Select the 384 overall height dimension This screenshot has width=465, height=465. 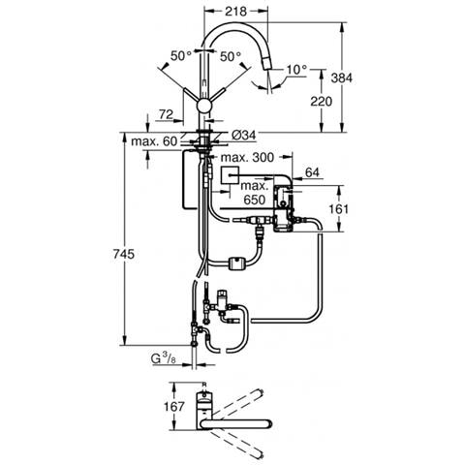[x=342, y=77]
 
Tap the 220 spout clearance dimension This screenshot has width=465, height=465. [x=321, y=102]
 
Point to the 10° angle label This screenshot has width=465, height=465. [x=296, y=70]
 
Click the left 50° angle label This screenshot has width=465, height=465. [x=181, y=56]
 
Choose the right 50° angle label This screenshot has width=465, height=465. [x=231, y=57]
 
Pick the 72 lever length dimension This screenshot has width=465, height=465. [x=167, y=114]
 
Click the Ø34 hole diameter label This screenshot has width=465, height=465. [x=243, y=135]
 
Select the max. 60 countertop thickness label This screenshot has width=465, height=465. [x=154, y=141]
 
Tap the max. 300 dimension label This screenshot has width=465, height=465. [x=247, y=158]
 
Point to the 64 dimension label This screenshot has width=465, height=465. [x=312, y=172]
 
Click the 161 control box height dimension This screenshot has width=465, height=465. [x=339, y=209]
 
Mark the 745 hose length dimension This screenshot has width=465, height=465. [x=124, y=254]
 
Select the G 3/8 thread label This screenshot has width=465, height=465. [x=164, y=358]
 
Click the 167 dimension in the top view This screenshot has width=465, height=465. [x=173, y=406]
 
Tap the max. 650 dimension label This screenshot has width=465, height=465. [x=255, y=193]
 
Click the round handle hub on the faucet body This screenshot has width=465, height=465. [x=204, y=106]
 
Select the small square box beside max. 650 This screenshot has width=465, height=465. [x=230, y=175]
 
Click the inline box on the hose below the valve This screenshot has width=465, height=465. [x=237, y=263]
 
